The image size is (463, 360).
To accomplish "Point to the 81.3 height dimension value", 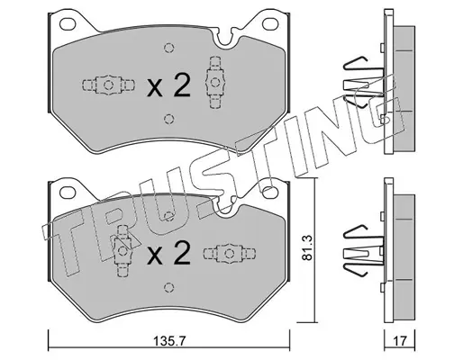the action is (x=307, y=247).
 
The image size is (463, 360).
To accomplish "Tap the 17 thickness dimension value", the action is (x=400, y=341).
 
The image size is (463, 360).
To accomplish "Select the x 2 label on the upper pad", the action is (x=168, y=85).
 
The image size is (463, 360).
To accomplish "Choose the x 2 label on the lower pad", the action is (x=168, y=254).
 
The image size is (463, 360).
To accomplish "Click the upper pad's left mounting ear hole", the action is (x=68, y=23).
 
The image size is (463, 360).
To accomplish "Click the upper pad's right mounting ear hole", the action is (x=270, y=23).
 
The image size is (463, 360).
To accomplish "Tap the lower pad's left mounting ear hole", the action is (x=68, y=193).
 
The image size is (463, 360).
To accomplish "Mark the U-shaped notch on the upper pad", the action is (x=225, y=38).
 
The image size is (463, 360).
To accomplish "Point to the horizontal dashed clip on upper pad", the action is (x=108, y=85).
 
